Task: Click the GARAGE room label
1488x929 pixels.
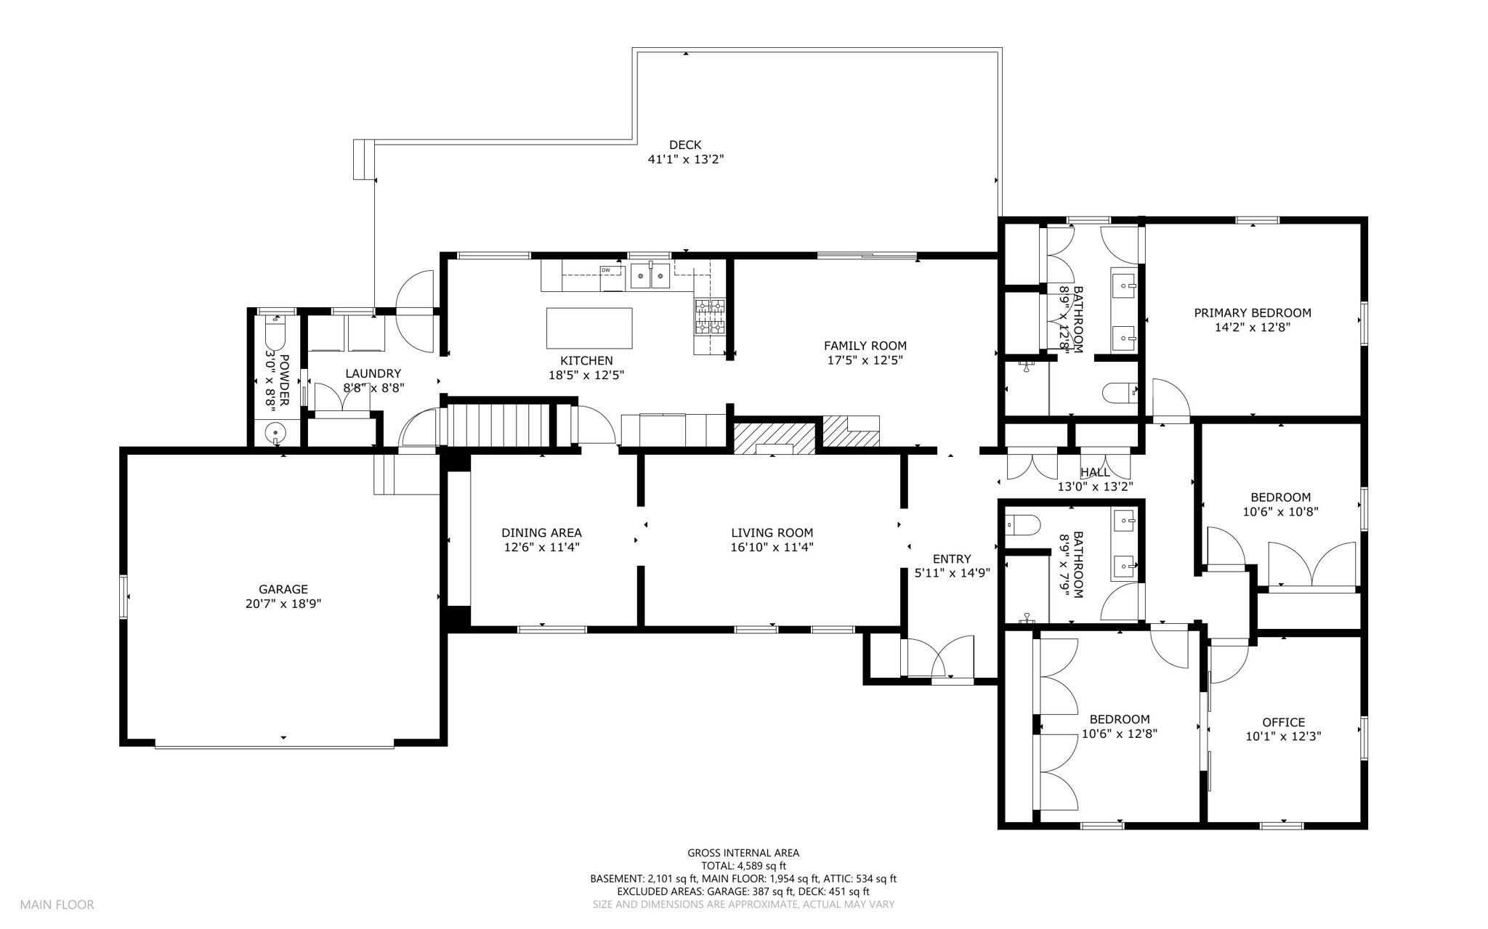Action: click(283, 589)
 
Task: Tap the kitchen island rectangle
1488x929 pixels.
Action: click(589, 328)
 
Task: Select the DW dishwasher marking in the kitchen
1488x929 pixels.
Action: click(605, 270)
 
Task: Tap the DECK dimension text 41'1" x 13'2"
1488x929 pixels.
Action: click(685, 159)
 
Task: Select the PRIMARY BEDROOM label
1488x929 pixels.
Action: click(1253, 313)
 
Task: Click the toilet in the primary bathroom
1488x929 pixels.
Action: click(1119, 393)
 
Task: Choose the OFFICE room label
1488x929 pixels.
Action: click(1283, 722)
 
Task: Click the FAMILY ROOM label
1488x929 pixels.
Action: click(865, 346)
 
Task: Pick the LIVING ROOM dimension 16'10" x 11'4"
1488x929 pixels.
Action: click(772, 547)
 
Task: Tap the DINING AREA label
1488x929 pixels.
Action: click(541, 532)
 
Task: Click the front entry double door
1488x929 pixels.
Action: click(937, 657)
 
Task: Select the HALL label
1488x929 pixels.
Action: click(1095, 472)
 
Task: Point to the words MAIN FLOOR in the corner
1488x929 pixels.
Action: click(57, 904)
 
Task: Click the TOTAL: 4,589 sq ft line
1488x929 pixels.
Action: click(743, 866)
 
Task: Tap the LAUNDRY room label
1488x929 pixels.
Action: click(373, 373)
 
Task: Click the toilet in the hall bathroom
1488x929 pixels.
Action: click(1022, 524)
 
